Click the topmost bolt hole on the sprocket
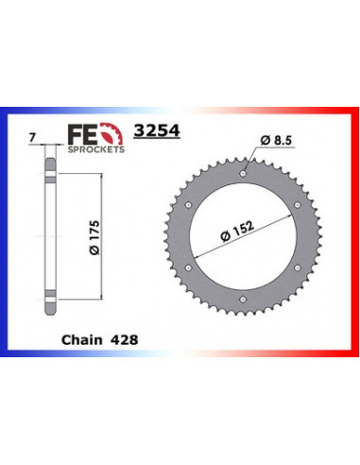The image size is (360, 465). coord(244,173)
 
